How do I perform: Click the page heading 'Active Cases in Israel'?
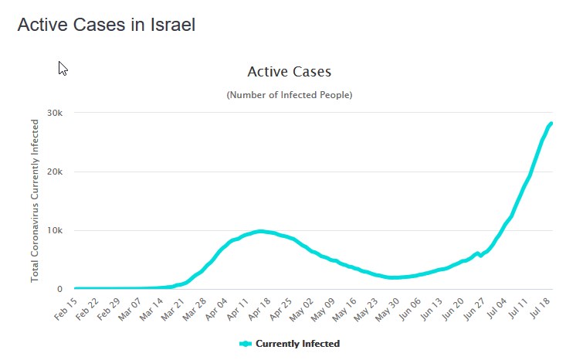click(x=107, y=24)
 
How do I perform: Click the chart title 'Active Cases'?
click(x=289, y=72)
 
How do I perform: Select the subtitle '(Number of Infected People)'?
click(x=289, y=95)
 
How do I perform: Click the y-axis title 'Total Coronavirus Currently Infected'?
click(x=35, y=200)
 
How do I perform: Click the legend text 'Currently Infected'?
click(x=297, y=343)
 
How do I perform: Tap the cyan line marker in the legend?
click(x=246, y=343)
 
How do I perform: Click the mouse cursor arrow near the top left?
click(x=63, y=68)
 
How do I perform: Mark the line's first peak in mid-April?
click(x=261, y=231)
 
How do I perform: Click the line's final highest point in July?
click(x=551, y=124)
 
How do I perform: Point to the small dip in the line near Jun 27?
click(x=481, y=255)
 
